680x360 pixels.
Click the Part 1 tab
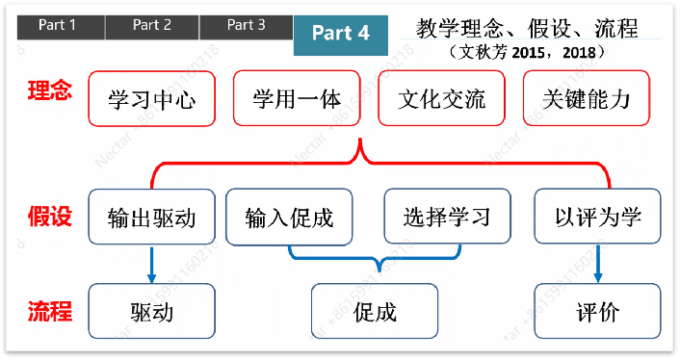pyautogui.click(x=58, y=26)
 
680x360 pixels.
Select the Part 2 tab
pyautogui.click(x=152, y=26)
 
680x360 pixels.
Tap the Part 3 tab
pyautogui.click(x=247, y=26)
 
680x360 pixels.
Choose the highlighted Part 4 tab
pyautogui.click(x=341, y=33)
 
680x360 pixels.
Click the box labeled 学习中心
pyautogui.click(x=150, y=98)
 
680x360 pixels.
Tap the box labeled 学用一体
pyautogui.click(x=296, y=98)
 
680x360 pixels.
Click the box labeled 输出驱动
pyautogui.click(x=151, y=217)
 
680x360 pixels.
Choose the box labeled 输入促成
pyautogui.click(x=289, y=217)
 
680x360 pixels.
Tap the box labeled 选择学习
pyautogui.click(x=447, y=217)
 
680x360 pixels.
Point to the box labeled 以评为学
pyautogui.click(x=598, y=217)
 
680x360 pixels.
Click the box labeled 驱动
pyautogui.click(x=151, y=312)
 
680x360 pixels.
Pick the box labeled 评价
pyautogui.click(x=598, y=312)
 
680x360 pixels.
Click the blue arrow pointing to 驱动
pyautogui.click(x=151, y=264)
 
